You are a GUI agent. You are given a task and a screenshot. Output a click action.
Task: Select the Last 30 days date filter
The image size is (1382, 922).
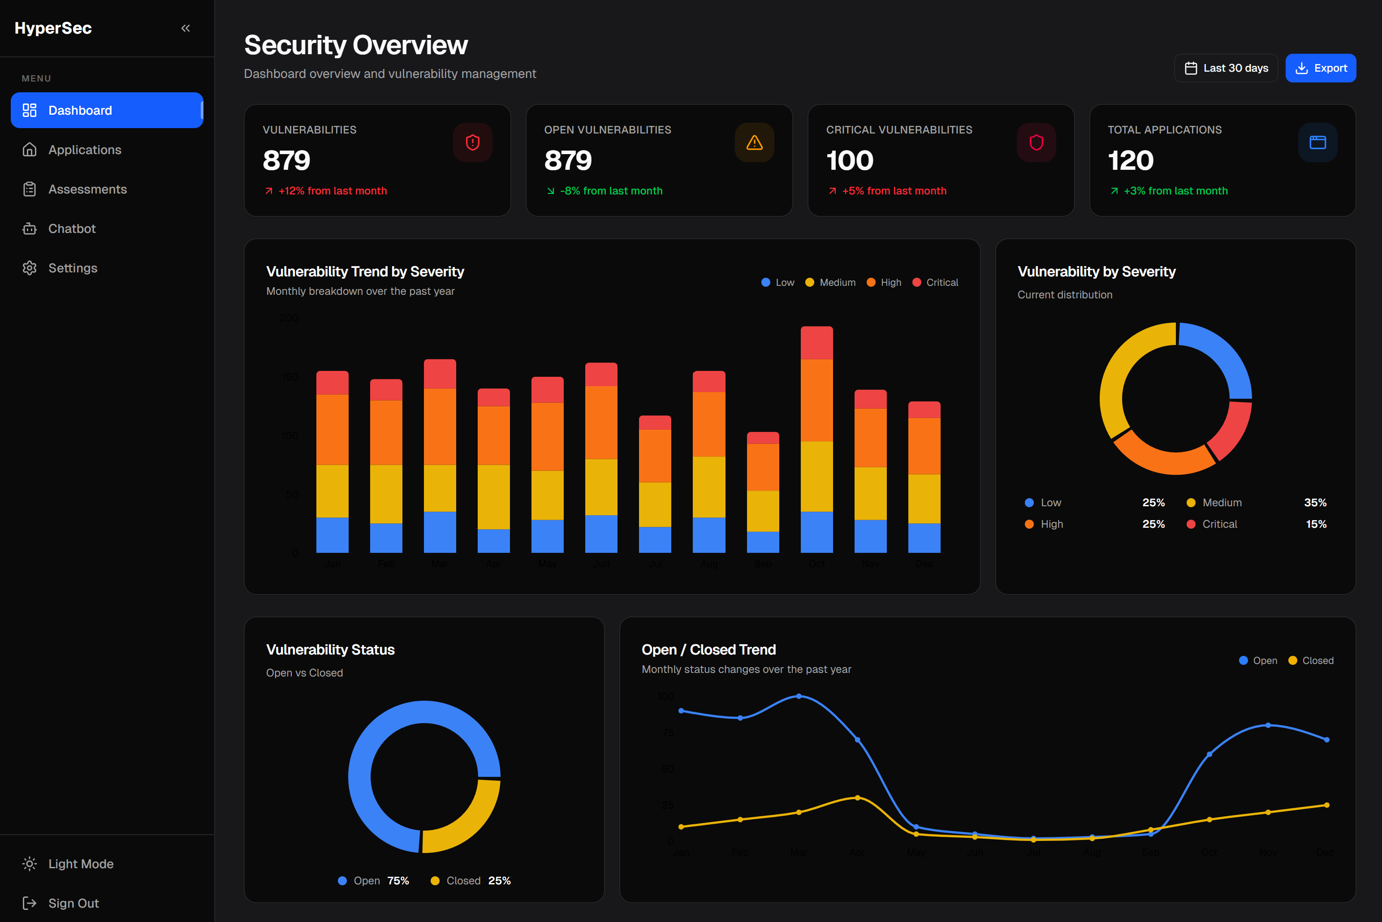pos(1226,68)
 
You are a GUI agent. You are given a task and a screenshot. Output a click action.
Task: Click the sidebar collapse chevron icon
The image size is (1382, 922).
pos(185,28)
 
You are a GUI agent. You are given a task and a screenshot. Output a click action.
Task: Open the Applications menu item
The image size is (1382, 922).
pos(84,150)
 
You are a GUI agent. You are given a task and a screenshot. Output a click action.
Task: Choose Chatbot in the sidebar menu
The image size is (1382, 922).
pos(72,229)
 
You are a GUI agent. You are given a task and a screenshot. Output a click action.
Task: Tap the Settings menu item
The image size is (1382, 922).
pos(72,268)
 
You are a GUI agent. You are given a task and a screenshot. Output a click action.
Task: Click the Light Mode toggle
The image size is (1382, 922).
pos(81,864)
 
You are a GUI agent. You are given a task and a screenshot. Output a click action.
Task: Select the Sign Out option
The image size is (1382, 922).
pos(73,903)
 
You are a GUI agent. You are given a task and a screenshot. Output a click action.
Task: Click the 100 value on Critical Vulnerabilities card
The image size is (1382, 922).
pos(849,160)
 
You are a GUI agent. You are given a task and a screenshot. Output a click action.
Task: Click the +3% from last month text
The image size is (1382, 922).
pos(1175,191)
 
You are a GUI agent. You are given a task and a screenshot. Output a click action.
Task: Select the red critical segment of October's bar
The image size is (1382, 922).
pos(816,343)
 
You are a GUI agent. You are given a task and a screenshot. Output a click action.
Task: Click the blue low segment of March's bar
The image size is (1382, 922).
pos(439,532)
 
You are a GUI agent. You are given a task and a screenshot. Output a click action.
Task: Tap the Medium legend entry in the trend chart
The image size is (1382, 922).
pos(830,283)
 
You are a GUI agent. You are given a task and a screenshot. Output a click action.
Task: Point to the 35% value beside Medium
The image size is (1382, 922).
pos(1315,503)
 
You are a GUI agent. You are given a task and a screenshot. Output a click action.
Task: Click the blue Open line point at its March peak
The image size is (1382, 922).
pos(799,696)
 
